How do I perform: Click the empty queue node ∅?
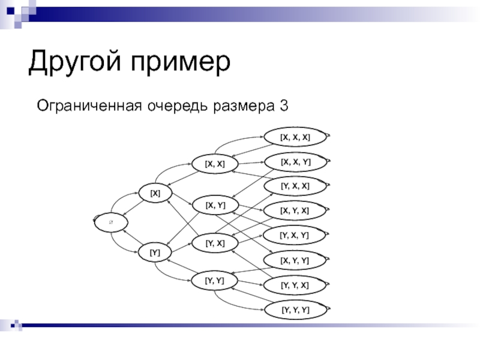tap(111, 222)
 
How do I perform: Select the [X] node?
tap(155, 193)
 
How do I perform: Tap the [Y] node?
tap(154, 253)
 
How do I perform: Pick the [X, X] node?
tap(215, 163)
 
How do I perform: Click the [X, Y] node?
tap(215, 206)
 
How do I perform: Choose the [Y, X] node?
tap(215, 243)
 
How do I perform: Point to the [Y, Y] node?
tap(214, 280)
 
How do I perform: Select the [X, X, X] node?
tap(295, 137)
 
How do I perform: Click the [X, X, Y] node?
tap(295, 161)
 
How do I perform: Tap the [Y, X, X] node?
tap(295, 186)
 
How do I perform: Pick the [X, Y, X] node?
tap(295, 211)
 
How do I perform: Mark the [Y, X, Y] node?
tap(295, 235)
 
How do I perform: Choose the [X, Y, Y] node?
tap(295, 260)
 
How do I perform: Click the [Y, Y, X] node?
tap(295, 285)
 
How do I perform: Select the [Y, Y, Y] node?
tap(295, 310)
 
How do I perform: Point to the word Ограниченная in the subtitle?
tap(88, 106)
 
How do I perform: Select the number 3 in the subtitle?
tap(283, 106)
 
